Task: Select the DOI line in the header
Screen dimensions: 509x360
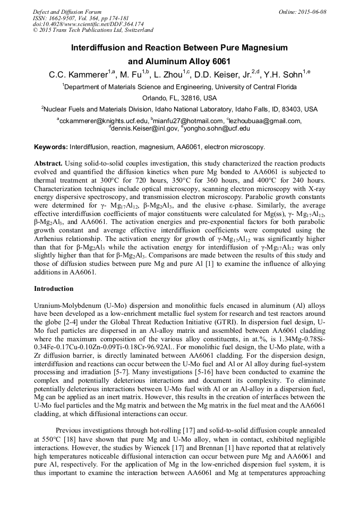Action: pyautogui.click(x=88, y=24)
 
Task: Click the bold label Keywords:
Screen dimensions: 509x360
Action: pyautogui.click(x=51, y=146)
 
